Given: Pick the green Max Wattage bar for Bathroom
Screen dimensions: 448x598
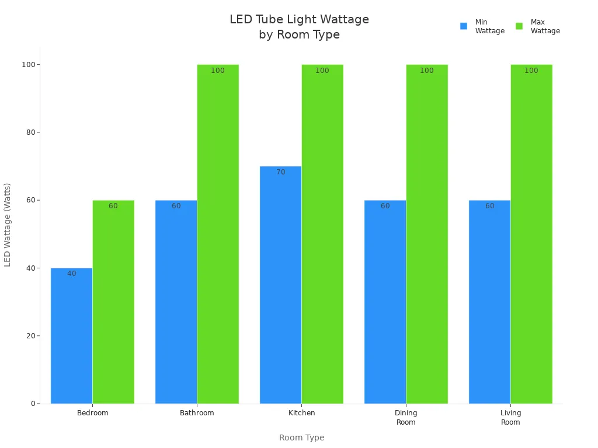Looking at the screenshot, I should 218,233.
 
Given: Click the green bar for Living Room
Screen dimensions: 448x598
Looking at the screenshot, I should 531,233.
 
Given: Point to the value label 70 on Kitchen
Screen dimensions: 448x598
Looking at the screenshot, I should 281,172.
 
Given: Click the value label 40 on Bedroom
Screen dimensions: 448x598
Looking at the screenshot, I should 72,274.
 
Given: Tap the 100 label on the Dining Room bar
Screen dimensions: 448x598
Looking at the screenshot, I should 427,71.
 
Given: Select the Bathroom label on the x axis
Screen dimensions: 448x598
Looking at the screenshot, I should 197,413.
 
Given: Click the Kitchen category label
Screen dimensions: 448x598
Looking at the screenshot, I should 301,413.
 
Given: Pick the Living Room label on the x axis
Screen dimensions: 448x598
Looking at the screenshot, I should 510,418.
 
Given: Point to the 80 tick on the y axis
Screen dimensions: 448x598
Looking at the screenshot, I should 30,132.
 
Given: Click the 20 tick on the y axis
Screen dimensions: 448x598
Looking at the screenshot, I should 30,336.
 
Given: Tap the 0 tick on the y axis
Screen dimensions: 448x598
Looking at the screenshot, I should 33,404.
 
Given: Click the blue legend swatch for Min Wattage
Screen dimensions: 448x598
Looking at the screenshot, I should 464,26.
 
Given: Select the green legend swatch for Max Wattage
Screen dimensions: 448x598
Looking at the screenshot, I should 519,26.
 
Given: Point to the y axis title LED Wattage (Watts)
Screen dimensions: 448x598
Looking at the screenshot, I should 8,225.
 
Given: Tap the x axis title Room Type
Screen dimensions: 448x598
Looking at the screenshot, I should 301,437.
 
